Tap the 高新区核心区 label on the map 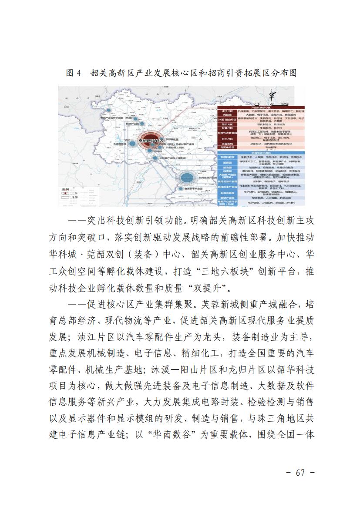[150, 141]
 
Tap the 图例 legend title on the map [65, 190]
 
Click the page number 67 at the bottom [300, 473]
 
